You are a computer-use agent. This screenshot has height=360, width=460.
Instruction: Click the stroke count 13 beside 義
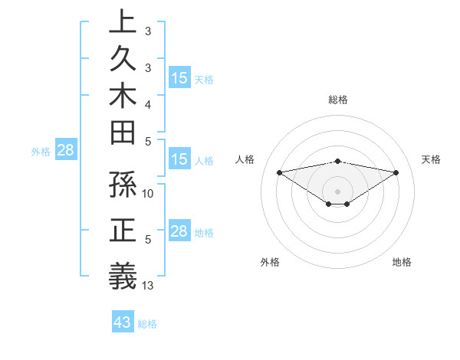(149, 286)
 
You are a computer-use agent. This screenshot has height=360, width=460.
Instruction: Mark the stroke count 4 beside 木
(148, 103)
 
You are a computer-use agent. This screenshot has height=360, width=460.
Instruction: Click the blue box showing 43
(122, 322)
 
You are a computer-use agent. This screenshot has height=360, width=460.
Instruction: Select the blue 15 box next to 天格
(179, 78)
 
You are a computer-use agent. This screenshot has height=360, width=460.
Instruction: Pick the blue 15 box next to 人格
(179, 160)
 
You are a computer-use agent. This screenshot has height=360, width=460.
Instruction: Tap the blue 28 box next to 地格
(179, 231)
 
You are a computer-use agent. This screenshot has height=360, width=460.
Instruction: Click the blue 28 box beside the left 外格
(65, 150)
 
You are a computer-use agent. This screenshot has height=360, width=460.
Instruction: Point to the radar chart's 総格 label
(338, 100)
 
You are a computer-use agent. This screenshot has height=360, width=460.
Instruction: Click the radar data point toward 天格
(396, 172)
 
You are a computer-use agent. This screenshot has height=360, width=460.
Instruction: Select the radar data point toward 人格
(280, 172)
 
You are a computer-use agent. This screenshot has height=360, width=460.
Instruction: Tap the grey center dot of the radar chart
(338, 191)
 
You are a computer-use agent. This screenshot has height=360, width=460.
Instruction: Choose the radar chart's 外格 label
(270, 262)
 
